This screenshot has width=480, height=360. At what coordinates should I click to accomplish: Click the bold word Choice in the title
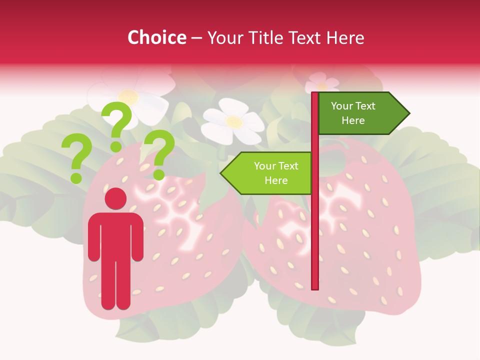(x=156, y=37)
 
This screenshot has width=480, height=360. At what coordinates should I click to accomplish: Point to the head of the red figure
(x=115, y=198)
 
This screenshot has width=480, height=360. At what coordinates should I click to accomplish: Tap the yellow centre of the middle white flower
(x=233, y=121)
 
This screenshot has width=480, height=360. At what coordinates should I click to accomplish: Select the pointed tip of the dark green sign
(x=407, y=113)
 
